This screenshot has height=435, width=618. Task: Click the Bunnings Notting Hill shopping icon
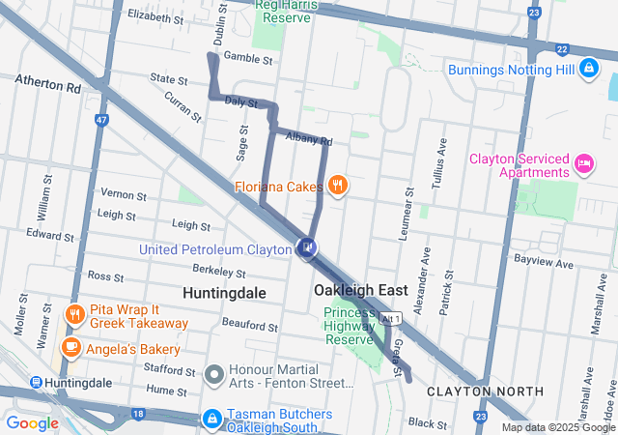(588, 69)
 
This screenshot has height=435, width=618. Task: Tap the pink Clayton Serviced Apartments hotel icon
(584, 164)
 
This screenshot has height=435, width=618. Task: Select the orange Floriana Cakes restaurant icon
(337, 184)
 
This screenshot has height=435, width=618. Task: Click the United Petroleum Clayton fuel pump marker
(306, 248)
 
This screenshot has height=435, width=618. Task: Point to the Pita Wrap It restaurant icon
(74, 314)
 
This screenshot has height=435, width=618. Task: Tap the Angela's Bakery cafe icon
(71, 347)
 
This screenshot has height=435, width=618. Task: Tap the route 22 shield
(561, 47)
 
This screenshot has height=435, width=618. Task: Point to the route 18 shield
(138, 413)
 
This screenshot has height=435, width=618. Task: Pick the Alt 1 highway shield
(390, 317)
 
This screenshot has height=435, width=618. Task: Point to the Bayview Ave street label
(544, 263)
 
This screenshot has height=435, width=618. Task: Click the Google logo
(33, 422)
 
